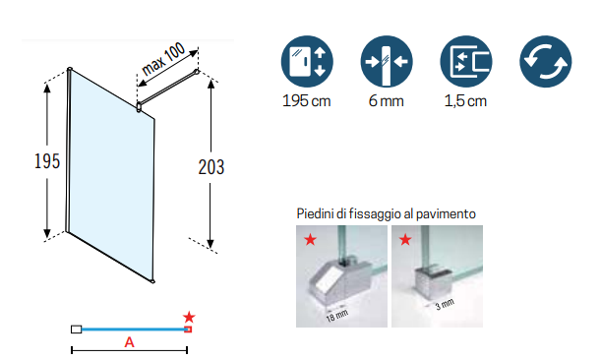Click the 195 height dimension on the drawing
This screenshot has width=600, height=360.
(47, 161)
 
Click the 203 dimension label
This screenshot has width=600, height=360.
(211, 167)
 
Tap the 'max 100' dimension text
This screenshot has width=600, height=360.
(163, 59)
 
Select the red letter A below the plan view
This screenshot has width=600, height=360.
(129, 342)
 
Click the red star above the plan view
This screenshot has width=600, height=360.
(189, 317)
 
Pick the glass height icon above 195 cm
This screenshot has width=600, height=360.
(307, 62)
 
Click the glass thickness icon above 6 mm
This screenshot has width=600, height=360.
(387, 62)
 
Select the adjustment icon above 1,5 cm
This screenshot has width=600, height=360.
(466, 62)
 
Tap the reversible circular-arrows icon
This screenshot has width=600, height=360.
(546, 62)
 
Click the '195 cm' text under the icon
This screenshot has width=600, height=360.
(307, 101)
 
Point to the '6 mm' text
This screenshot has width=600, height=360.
(387, 101)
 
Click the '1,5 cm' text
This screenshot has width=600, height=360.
(465, 101)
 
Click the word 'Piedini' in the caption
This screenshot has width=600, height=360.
(316, 213)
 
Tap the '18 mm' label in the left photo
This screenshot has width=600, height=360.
(337, 316)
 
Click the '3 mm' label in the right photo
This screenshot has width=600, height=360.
(445, 304)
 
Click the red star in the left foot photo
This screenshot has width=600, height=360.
(311, 240)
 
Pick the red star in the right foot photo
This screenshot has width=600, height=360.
(405, 240)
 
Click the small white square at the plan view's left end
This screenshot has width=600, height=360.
(76, 329)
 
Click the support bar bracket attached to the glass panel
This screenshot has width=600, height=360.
(139, 107)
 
